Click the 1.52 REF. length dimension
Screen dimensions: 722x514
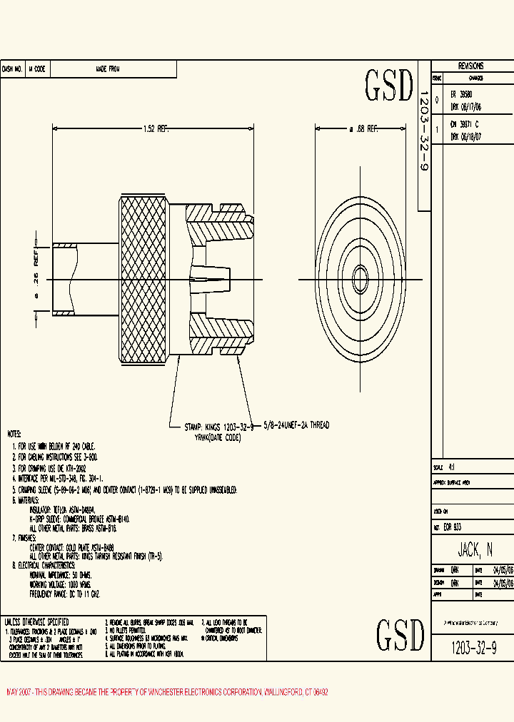tap(155, 129)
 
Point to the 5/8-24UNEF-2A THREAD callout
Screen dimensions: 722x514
tap(297, 425)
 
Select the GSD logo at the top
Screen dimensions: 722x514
tap(389, 86)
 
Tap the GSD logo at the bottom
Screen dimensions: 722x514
tap(400, 634)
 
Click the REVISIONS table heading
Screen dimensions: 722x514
tap(470, 65)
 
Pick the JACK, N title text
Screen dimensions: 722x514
tap(475, 549)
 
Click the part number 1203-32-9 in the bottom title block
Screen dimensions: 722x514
tap(474, 648)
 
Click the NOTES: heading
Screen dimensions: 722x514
tap(14, 434)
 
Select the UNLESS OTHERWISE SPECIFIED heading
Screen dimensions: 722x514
tap(36, 621)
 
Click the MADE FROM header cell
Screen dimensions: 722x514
tap(108, 69)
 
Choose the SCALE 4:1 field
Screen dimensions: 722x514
tap(450, 467)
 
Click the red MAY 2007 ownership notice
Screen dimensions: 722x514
tap(167, 693)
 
